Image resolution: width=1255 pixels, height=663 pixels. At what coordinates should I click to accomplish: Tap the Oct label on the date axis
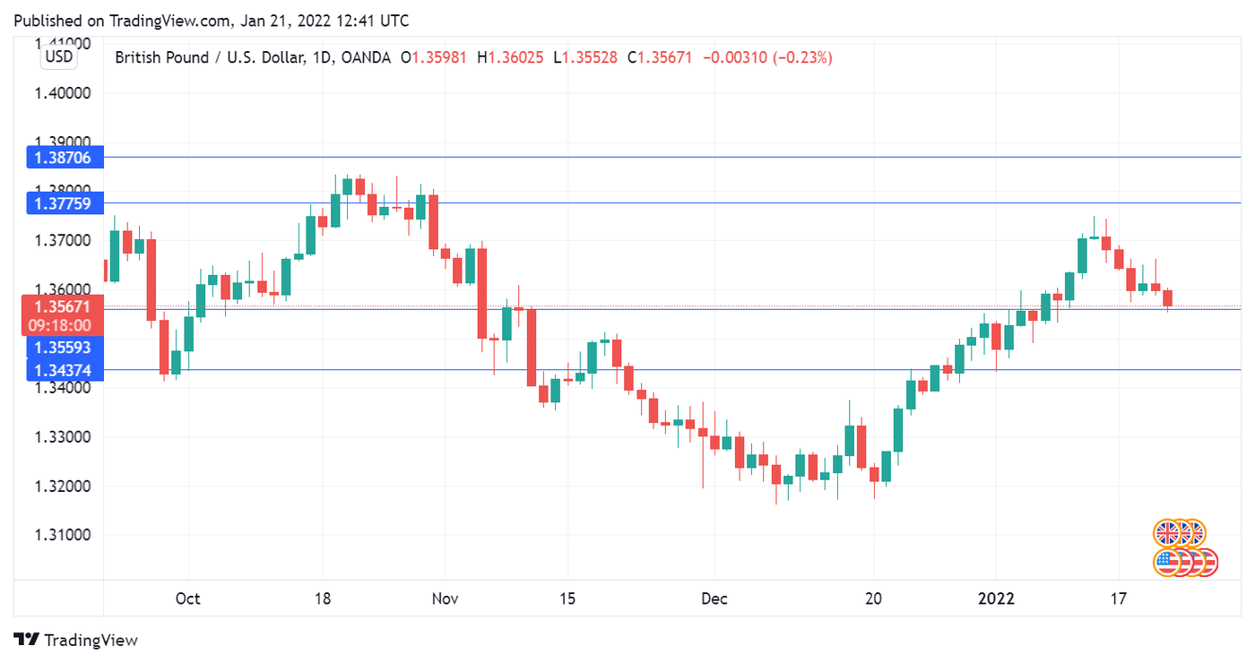click(x=187, y=598)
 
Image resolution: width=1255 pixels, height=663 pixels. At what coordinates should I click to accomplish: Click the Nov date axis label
click(x=445, y=598)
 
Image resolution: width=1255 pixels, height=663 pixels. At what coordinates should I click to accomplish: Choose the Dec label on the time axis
click(x=714, y=598)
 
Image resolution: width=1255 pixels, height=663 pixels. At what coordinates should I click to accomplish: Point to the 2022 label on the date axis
click(x=996, y=598)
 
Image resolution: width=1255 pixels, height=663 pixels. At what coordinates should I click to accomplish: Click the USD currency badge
click(x=59, y=57)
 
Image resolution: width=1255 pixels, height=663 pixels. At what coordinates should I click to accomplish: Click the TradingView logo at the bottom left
click(x=77, y=640)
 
